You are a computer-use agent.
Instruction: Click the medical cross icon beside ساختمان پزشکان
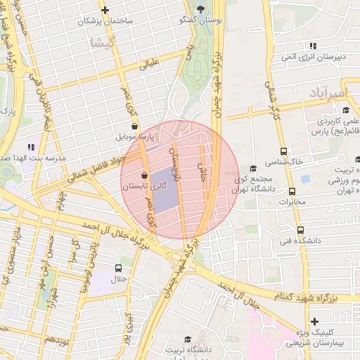(x=105, y=10)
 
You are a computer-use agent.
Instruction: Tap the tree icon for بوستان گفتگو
(x=202, y=9)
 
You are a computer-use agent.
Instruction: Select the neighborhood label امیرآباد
(x=328, y=93)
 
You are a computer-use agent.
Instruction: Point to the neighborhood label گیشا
(x=101, y=41)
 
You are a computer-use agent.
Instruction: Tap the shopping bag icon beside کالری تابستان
(x=144, y=176)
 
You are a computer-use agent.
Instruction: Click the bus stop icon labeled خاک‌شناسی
(x=283, y=150)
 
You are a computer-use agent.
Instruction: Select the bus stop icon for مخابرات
(x=292, y=191)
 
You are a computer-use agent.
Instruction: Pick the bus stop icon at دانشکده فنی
(x=300, y=230)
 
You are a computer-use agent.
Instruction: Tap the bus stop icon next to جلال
(x=117, y=269)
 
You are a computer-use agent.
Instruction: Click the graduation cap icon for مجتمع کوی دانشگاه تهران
(x=252, y=168)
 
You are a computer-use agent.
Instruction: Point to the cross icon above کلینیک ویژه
(x=314, y=321)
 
